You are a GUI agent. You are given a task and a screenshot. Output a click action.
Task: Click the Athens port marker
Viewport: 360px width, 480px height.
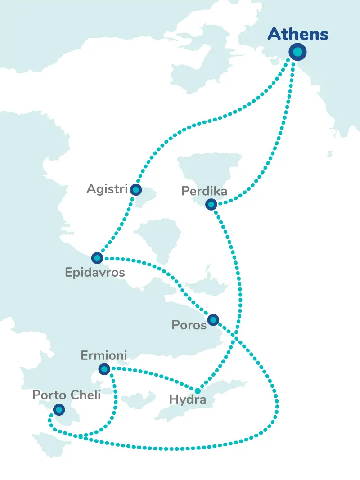297,53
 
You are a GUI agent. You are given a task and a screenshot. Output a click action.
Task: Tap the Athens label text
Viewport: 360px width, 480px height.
298,34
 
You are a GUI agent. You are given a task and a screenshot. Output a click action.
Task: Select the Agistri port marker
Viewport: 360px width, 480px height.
135,190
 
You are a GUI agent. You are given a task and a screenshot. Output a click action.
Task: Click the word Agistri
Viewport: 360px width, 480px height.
107,189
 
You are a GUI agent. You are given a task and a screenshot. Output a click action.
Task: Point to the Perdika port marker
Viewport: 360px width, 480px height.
211,205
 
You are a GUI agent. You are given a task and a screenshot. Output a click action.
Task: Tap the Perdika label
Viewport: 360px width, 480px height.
204,192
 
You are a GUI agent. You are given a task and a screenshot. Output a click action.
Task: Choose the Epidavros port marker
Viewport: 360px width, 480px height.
97,258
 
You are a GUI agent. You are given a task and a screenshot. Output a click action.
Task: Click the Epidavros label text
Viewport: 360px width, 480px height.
95,273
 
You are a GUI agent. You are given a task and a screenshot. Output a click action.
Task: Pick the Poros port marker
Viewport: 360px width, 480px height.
213,320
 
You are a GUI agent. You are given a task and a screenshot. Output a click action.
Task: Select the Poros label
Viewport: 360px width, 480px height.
189,325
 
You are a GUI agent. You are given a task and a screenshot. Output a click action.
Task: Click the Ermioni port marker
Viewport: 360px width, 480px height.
104,369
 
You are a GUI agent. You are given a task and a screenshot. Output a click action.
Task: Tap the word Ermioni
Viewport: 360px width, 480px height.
103,356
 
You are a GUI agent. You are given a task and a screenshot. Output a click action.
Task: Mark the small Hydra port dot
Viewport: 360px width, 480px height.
197,390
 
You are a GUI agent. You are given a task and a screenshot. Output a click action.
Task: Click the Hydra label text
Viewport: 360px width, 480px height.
188,399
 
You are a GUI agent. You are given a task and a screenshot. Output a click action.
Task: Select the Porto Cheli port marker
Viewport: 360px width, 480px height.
59,409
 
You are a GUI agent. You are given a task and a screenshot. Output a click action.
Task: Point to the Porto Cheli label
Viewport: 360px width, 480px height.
66,395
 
